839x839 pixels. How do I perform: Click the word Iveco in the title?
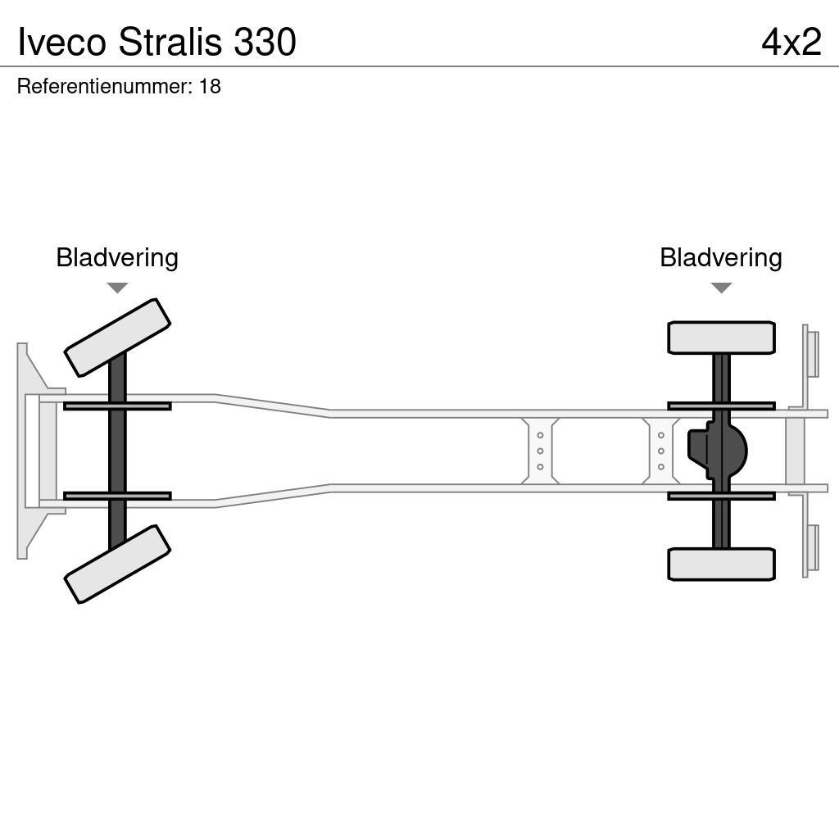(61, 42)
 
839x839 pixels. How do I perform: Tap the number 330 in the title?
(265, 42)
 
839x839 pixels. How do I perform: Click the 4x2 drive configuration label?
(791, 42)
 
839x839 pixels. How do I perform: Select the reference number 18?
(210, 86)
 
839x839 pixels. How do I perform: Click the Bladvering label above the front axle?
(117, 257)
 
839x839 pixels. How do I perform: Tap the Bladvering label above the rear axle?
(721, 257)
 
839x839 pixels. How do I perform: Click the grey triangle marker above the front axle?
(117, 288)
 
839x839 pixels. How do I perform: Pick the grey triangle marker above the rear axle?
(721, 288)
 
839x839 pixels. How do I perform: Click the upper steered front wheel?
(117, 338)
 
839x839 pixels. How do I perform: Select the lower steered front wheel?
(117, 564)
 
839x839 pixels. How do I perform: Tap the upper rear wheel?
(721, 338)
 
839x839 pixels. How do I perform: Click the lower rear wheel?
(721, 564)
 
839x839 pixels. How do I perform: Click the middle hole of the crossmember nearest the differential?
(661, 451)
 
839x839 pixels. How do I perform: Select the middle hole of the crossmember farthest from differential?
(540, 451)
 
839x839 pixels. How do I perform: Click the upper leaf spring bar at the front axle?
(117, 406)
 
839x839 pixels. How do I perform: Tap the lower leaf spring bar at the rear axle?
(721, 496)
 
